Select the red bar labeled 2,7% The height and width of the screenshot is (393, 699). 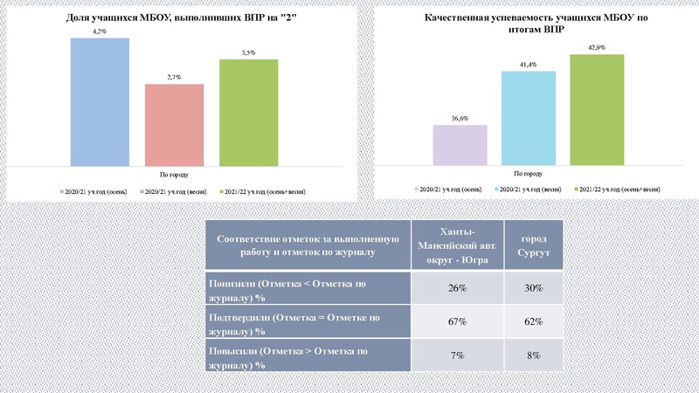pyautogui.click(x=174, y=123)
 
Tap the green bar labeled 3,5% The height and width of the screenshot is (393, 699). pyautogui.click(x=249, y=111)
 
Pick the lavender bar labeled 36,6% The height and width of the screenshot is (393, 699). pyautogui.click(x=460, y=144)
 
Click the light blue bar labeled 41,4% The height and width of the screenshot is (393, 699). pyautogui.click(x=529, y=117)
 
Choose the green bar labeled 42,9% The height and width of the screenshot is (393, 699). pyautogui.click(x=597, y=109)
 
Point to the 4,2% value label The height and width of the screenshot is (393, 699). pyautogui.click(x=100, y=31)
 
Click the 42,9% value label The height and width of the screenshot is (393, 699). pyautogui.click(x=597, y=47)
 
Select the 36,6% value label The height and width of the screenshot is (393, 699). pyautogui.click(x=460, y=118)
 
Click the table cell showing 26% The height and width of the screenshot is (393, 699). pyautogui.click(x=456, y=289)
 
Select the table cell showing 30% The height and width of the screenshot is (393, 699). pyautogui.click(x=533, y=289)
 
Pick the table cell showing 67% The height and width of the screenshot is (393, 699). pyautogui.click(x=456, y=322)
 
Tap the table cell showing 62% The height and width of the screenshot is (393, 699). pyautogui.click(x=533, y=322)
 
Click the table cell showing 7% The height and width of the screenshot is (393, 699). pyautogui.click(x=456, y=356)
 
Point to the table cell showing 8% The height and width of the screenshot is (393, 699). pyautogui.click(x=533, y=356)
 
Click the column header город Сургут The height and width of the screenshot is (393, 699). pyautogui.click(x=533, y=245)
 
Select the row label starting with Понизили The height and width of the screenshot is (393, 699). pyautogui.click(x=307, y=289)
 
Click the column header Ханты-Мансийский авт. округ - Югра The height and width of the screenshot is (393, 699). pyautogui.click(x=456, y=245)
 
